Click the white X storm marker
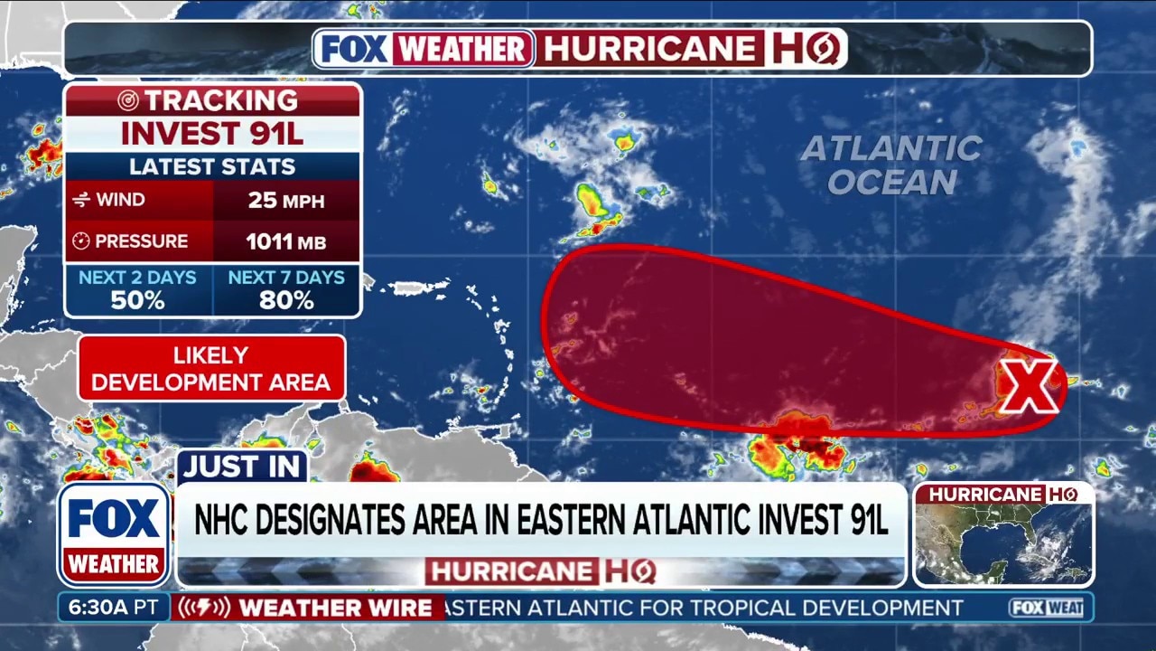1027,385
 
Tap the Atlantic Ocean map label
892,165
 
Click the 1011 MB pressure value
286,241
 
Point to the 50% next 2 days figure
137,300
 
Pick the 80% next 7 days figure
286,300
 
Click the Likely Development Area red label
211,368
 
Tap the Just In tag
242,467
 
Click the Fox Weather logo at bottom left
114,534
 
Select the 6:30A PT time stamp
114,608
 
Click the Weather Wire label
335,608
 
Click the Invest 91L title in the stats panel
212,133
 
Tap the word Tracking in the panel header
221,100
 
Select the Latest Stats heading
212,166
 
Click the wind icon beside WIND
81,200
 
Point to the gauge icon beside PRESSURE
81,241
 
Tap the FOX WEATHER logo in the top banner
424,48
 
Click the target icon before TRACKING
128,100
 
